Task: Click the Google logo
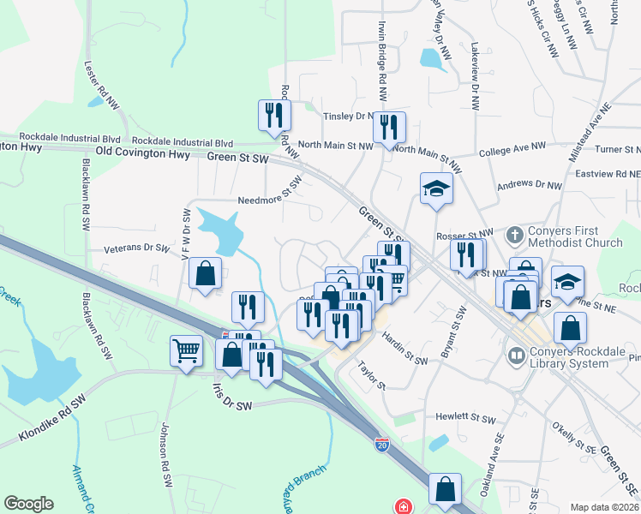(x=28, y=504)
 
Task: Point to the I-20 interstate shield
(x=381, y=445)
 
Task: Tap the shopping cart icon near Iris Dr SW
(x=187, y=351)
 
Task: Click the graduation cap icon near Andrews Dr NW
(x=436, y=190)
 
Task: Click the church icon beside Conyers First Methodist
(x=513, y=234)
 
